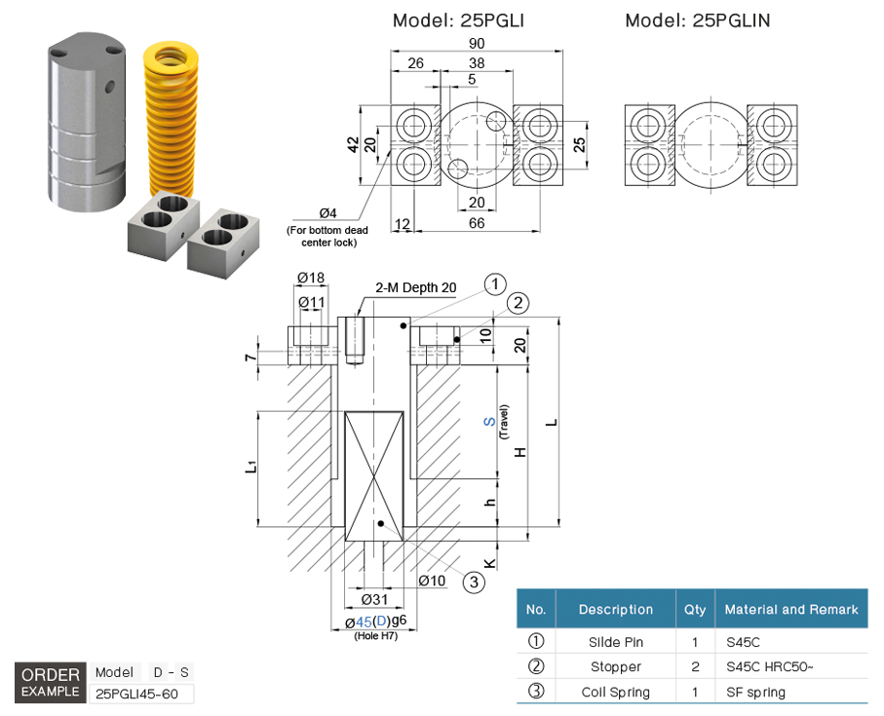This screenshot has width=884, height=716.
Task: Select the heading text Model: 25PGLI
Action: (x=458, y=20)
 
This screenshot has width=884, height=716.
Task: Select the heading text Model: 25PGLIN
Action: (x=698, y=20)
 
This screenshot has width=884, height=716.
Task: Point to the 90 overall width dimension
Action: (x=478, y=44)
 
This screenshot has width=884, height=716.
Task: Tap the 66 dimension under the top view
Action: (x=477, y=223)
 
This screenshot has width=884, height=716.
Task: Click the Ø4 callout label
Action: (x=327, y=213)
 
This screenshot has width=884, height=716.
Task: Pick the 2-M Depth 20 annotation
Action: (x=416, y=288)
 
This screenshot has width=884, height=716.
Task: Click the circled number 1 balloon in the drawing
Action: (x=496, y=284)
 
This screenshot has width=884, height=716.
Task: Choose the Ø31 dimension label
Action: (x=375, y=598)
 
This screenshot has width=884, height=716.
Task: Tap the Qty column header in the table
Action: (x=695, y=610)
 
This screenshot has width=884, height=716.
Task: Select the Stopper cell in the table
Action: (x=615, y=667)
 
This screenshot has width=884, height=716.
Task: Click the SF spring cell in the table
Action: (x=755, y=693)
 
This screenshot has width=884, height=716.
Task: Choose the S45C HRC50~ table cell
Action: (x=768, y=667)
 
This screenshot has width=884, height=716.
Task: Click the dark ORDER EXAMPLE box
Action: (x=50, y=682)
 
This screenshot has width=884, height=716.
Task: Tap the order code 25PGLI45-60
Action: (x=141, y=694)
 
